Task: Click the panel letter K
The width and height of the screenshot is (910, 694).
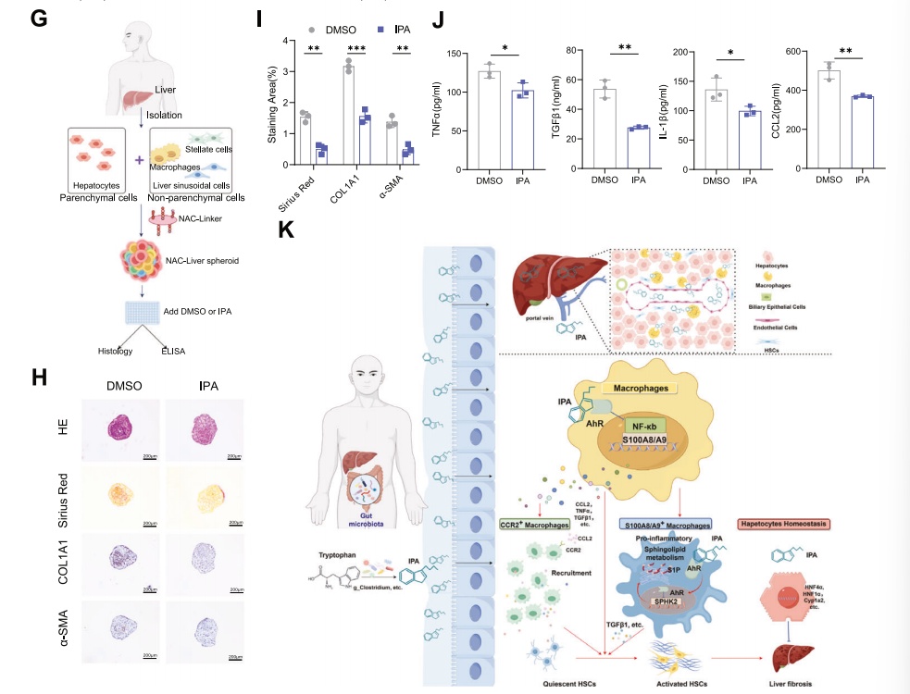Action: pyautogui.click(x=286, y=229)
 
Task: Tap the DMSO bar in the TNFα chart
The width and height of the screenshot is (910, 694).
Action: pyautogui.click(x=491, y=120)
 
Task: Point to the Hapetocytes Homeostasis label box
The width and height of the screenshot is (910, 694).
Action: pyautogui.click(x=782, y=524)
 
